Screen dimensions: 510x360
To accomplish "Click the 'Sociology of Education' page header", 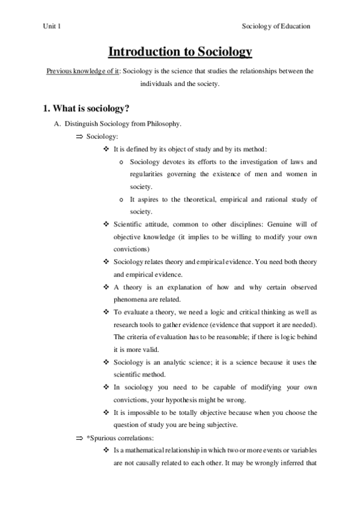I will (276, 26).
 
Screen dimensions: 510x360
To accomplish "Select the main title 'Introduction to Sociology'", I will (180, 52).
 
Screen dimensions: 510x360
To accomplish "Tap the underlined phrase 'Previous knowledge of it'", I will (82, 72).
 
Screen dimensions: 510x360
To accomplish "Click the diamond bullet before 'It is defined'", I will (106, 150).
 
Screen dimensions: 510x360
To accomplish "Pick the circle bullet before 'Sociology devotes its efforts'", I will (122, 162).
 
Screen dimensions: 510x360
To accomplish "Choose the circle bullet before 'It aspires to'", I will (122, 200).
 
